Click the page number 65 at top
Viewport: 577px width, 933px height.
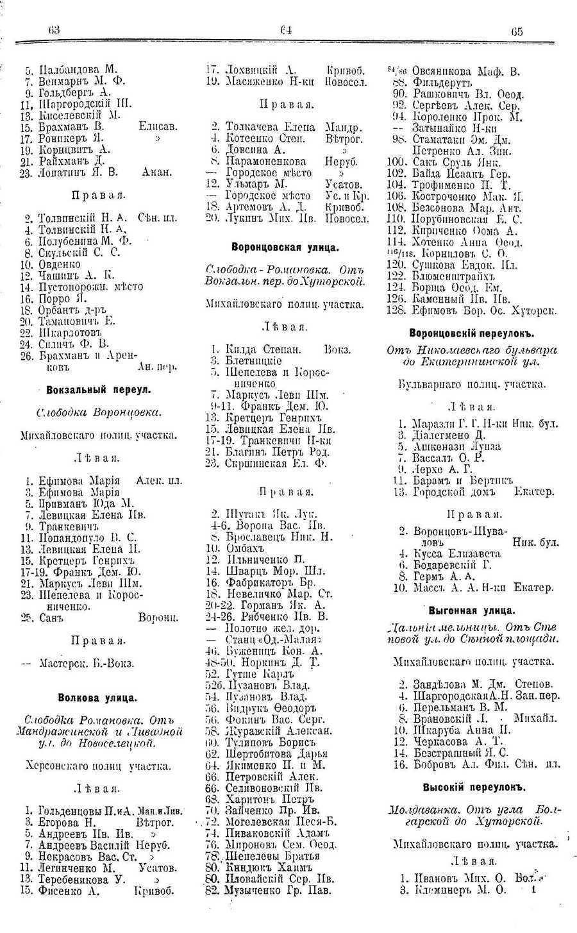tap(517, 31)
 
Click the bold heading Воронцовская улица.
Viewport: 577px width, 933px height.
tap(285, 247)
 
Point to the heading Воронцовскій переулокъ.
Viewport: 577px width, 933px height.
tap(472, 333)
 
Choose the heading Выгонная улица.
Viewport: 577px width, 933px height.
tap(472, 610)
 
